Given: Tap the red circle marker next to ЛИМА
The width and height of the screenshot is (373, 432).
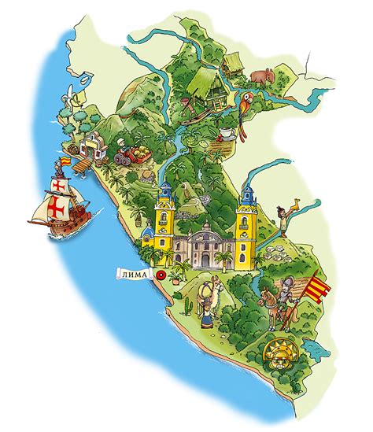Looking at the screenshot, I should [160, 275].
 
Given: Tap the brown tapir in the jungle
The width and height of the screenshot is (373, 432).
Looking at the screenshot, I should [263, 78].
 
